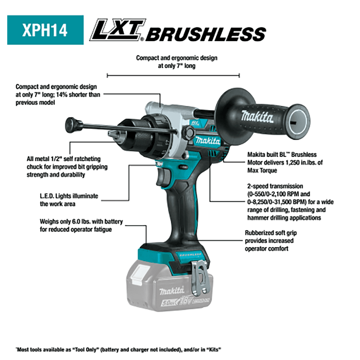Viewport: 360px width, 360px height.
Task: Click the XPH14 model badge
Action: coord(45,30)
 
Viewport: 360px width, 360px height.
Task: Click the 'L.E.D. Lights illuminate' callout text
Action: coord(69,196)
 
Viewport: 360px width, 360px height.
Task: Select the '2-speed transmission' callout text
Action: coord(275,186)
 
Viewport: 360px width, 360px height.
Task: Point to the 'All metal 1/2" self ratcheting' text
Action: coord(63,159)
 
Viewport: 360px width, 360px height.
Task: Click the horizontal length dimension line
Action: coord(173,75)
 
